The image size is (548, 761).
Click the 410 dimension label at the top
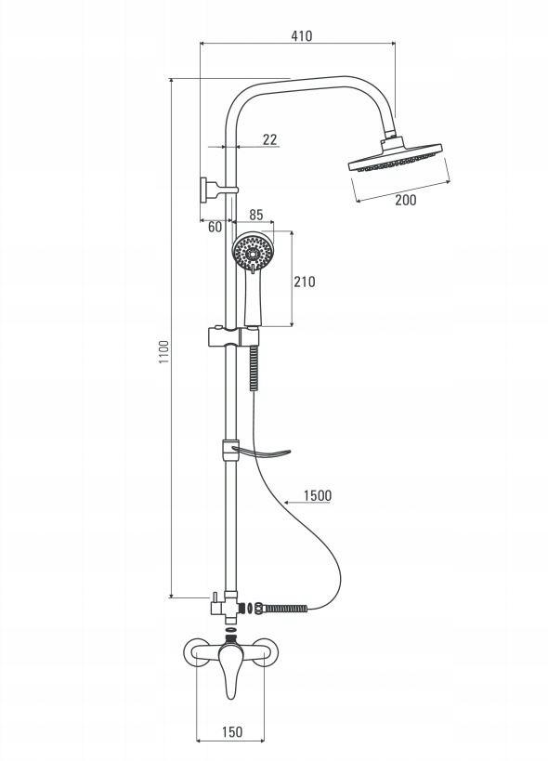301,36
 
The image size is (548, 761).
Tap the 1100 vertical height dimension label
164,352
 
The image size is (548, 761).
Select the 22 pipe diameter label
269,139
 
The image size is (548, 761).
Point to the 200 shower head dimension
405,200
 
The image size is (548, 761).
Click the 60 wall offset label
215,227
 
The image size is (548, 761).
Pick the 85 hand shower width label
255,215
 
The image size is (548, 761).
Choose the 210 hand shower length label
304,282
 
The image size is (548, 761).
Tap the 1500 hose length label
318,495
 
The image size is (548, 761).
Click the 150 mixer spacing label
232,731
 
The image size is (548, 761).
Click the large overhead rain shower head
395,156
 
